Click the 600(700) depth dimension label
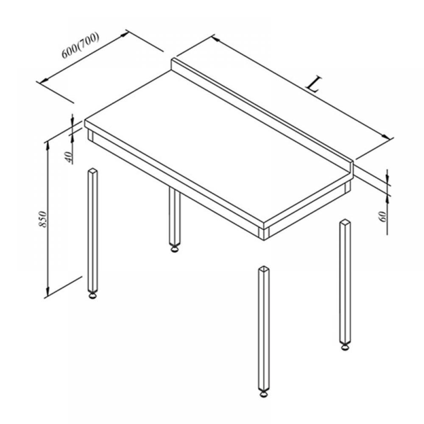(x=81, y=45)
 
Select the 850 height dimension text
(x=43, y=219)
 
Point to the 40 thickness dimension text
(x=69, y=157)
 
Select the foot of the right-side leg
(x=345, y=346)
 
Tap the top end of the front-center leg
(x=264, y=269)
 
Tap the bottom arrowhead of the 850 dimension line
(x=48, y=292)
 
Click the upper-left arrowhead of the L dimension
(x=215, y=39)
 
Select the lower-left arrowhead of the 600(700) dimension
(x=44, y=80)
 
